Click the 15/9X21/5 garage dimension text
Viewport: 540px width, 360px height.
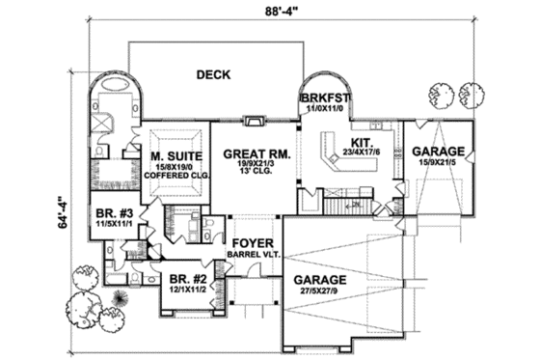tap(439, 165)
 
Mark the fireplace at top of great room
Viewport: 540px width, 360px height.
tap(253, 121)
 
